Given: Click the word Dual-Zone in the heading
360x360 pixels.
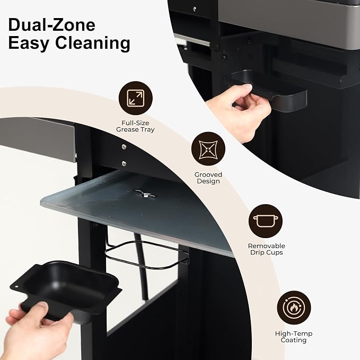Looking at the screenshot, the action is click(51, 25).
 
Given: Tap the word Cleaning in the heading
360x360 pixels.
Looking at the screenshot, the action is click(93, 43).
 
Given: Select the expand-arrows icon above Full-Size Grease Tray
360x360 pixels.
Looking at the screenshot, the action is click(135, 98).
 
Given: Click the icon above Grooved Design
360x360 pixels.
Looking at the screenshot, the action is click(208, 148).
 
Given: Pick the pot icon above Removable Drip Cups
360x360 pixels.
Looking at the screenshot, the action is click(266, 221).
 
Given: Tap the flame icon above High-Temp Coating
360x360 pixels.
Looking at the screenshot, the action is click(294, 308).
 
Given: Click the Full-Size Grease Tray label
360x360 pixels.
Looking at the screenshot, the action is click(135, 126).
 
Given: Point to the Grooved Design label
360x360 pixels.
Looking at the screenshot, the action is click(208, 178).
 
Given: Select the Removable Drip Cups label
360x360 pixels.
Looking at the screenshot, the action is click(266, 249).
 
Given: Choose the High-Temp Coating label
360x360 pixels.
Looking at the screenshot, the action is click(294, 337).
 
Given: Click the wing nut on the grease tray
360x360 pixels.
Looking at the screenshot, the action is click(145, 194).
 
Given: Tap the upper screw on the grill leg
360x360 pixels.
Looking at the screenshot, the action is click(124, 146).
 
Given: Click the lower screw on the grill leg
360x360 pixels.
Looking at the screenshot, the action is click(124, 163).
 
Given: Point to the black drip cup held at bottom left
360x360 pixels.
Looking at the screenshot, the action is click(67, 289).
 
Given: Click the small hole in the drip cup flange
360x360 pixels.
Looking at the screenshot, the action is click(16, 287).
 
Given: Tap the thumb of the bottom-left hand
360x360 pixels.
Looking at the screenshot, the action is click(34, 309).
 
